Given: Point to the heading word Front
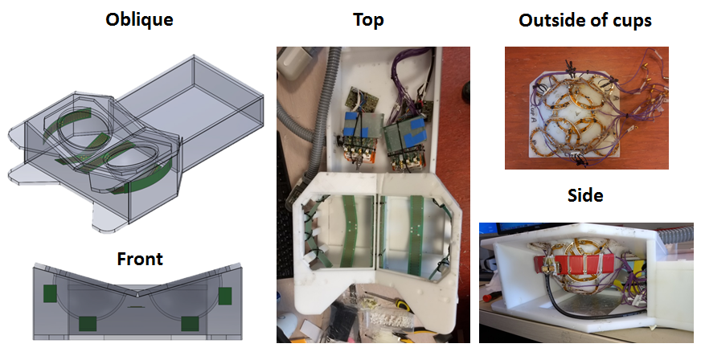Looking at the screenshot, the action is coord(140,259).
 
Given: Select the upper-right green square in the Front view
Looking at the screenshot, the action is coord(224,295).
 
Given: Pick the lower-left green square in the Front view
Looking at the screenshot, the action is coord(84,323).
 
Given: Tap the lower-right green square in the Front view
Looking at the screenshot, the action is coord(190,323).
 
